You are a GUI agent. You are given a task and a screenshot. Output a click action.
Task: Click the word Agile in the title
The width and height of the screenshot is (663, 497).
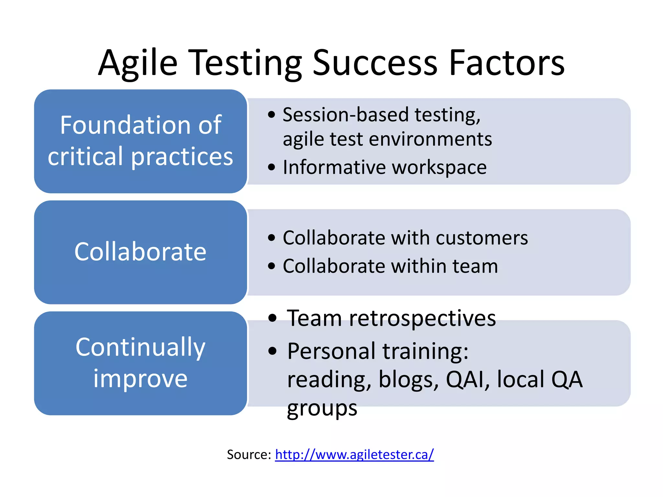click(x=138, y=63)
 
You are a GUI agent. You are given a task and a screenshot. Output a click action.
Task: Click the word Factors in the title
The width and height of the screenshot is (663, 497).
click(x=507, y=63)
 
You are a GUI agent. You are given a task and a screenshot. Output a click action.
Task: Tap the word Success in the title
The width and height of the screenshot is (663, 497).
click(x=375, y=63)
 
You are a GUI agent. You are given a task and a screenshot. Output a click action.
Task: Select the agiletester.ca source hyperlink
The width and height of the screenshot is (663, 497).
click(x=354, y=455)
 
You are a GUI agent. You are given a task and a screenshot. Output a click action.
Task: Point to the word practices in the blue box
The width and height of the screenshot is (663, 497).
click(x=182, y=157)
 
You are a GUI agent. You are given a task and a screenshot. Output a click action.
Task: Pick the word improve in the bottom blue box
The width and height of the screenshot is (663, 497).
click(x=140, y=379)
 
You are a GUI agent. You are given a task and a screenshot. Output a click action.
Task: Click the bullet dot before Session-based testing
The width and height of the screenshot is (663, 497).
click(x=272, y=115)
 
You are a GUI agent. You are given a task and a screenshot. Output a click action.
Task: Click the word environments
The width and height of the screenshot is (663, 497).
click(x=430, y=139)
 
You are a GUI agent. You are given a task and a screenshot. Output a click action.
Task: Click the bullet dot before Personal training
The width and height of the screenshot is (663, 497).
click(x=273, y=351)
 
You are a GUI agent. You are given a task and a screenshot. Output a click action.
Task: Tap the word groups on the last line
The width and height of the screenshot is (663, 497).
click(x=322, y=409)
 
